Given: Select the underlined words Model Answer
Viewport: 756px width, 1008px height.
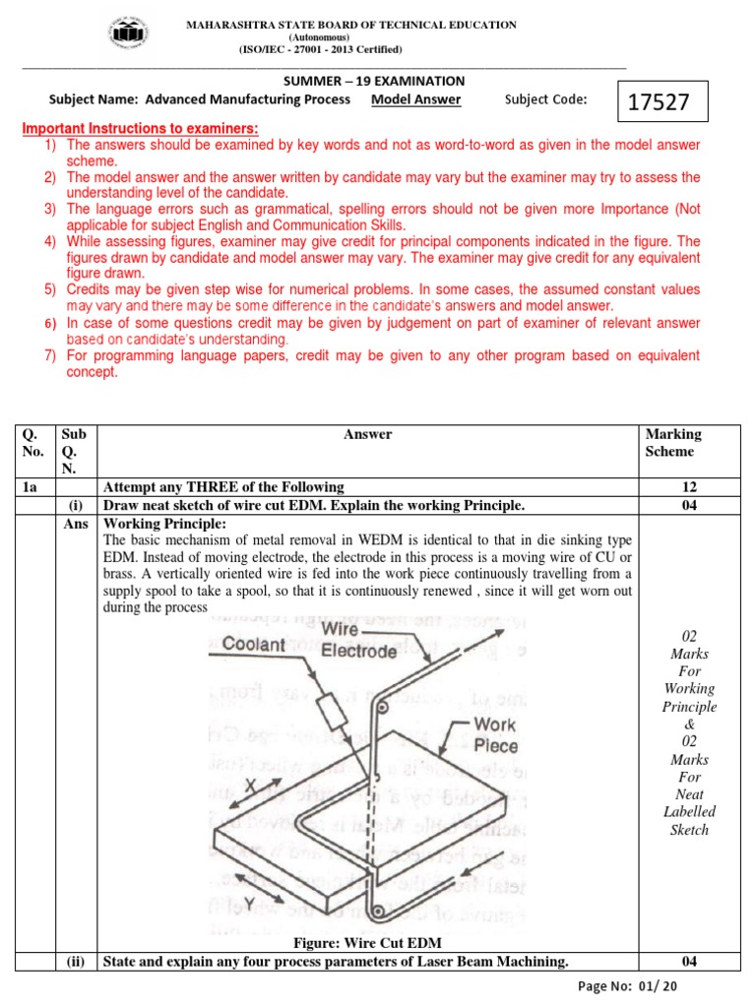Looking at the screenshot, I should tap(415, 99).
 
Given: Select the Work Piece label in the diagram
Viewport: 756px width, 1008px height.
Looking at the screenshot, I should tap(493, 734).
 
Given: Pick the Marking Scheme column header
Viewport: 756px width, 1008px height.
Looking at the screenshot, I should tap(673, 443).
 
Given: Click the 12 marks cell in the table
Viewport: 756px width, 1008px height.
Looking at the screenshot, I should tap(687, 486).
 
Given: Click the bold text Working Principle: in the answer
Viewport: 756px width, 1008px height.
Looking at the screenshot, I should tap(165, 523).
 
